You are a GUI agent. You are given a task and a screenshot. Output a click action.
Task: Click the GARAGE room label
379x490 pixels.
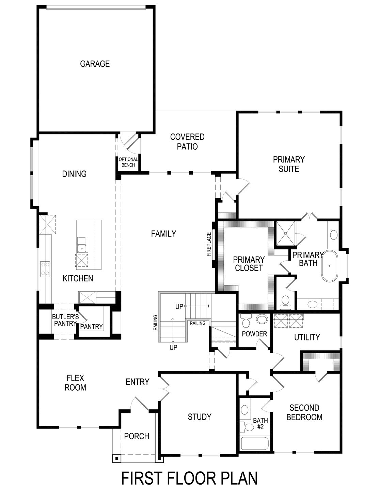click(95, 64)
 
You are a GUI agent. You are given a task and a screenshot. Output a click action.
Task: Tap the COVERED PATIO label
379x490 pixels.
click(187, 142)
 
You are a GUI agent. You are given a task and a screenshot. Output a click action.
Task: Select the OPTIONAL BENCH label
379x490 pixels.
click(128, 162)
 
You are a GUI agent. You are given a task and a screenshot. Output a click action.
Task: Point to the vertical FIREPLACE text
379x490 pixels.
click(209, 244)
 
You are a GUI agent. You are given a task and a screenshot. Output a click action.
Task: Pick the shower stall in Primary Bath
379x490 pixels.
click(285, 233)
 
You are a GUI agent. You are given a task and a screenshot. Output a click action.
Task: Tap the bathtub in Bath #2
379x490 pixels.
click(255, 443)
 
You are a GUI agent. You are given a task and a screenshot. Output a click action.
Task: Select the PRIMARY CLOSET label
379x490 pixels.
click(249, 264)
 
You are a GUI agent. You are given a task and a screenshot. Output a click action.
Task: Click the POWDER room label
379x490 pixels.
click(254, 334)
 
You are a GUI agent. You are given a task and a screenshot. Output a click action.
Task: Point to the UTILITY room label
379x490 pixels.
click(307, 337)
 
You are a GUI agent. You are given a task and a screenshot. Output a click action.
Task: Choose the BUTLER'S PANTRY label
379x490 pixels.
click(65, 320)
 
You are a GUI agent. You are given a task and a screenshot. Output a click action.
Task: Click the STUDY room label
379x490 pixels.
click(200, 417)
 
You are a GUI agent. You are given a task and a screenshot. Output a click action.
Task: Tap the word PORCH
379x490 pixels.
click(137, 436)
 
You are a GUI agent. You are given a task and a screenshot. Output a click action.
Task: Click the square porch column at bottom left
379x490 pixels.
click(117, 458)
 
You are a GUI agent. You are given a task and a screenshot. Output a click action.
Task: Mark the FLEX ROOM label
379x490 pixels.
click(76, 382)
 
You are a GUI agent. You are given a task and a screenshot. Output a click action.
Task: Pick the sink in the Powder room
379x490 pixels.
click(262, 319)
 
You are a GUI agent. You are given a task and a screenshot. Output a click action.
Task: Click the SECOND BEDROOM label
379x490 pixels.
click(304, 412)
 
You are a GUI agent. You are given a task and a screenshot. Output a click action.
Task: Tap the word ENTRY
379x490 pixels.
click(138, 382)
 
